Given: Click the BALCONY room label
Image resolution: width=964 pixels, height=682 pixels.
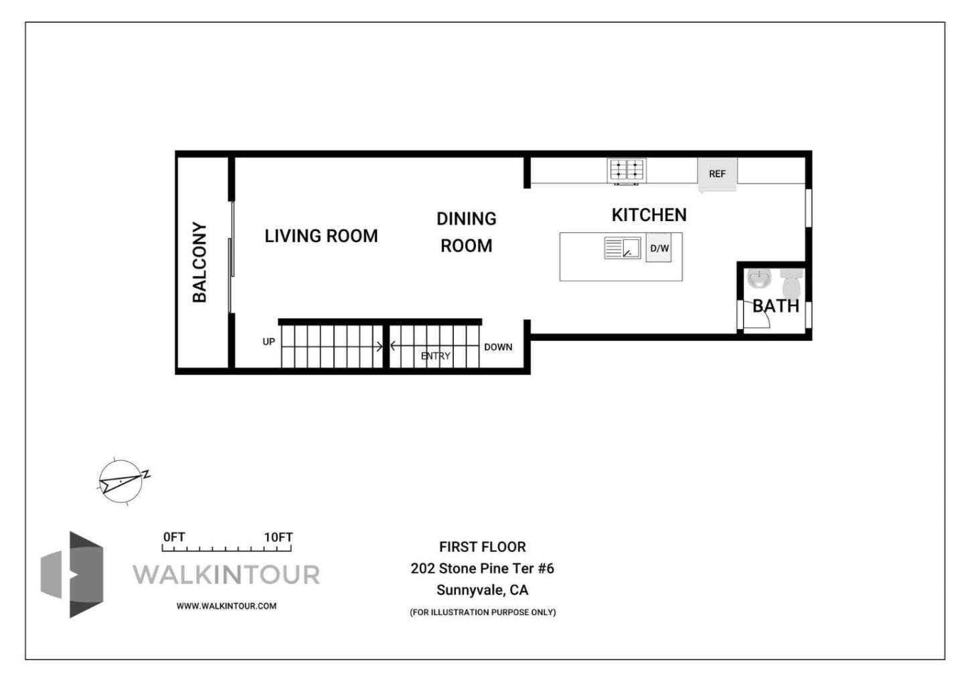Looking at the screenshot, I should (199, 262).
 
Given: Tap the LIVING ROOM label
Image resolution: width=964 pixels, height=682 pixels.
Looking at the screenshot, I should (321, 236).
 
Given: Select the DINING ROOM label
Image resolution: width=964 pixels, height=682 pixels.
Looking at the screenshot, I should (466, 232).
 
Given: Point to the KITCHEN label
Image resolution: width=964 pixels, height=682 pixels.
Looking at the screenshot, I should (649, 215).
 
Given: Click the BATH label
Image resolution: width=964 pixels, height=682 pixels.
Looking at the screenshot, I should (776, 306).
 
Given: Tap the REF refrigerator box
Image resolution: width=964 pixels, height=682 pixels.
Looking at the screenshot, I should (717, 174).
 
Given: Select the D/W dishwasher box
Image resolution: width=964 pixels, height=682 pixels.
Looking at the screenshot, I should (659, 249).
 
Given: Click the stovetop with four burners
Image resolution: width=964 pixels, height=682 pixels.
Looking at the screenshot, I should (626, 169).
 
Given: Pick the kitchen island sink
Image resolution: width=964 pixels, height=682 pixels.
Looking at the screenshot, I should (622, 248).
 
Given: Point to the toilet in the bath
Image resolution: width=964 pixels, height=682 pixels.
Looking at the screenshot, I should (791, 283).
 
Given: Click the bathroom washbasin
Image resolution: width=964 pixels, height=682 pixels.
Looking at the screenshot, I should (759, 278).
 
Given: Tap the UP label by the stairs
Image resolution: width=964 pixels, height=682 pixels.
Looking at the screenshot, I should (268, 342).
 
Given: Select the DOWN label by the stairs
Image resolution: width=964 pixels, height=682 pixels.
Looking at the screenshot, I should (498, 347).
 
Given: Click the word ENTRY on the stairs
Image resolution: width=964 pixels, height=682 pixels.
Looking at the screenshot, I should (435, 356).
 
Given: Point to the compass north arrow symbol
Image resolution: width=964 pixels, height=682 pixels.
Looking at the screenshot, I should (122, 480).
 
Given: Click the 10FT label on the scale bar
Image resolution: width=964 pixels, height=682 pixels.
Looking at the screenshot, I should (278, 537).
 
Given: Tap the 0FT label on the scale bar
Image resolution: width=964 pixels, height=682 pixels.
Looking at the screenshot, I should (174, 537).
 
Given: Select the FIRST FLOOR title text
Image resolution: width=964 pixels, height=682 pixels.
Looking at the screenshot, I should (482, 547).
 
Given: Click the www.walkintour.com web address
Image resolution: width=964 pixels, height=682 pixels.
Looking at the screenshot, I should (226, 606).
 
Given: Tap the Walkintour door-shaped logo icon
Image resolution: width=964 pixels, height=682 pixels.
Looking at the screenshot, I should (74, 574).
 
